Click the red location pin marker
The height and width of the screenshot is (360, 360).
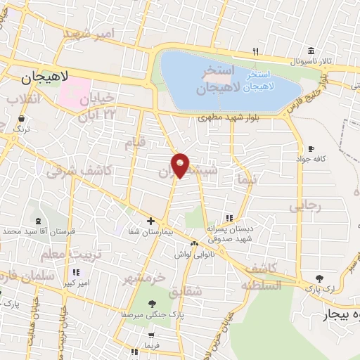[181, 165]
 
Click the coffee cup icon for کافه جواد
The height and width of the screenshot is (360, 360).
[311, 149]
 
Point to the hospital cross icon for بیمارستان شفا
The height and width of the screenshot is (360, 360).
[150, 221]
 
